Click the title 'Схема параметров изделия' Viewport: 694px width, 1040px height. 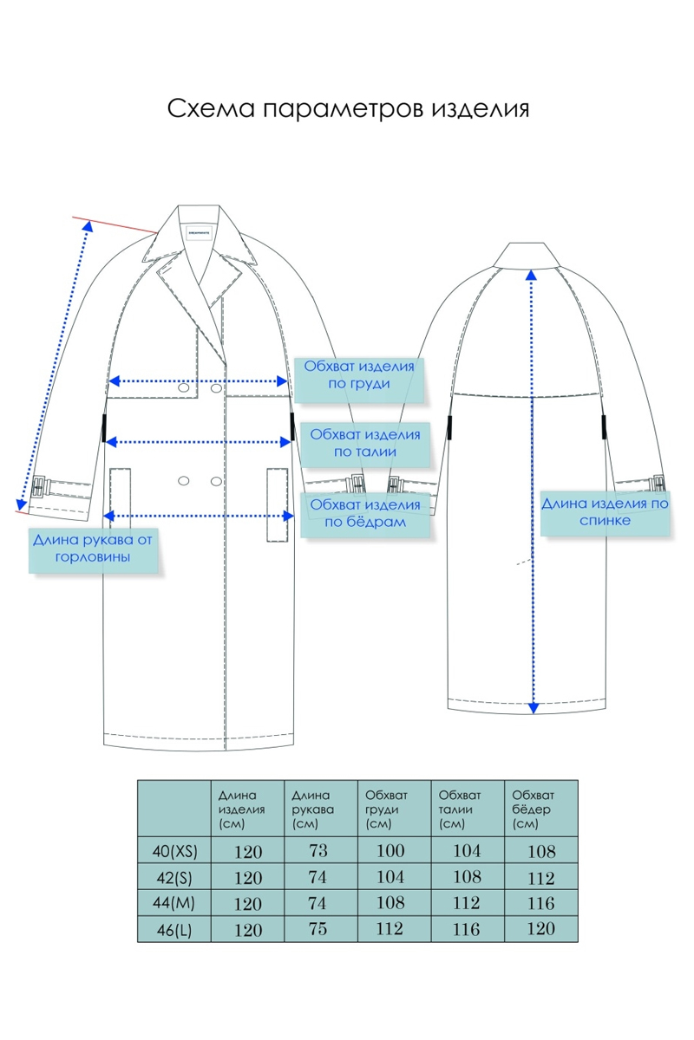click(x=347, y=110)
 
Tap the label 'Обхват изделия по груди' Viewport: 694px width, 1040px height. click(x=359, y=375)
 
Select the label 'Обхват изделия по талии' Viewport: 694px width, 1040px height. click(x=364, y=443)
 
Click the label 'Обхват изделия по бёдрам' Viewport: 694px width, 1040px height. click(x=364, y=513)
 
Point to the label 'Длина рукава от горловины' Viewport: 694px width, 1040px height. click(x=92, y=549)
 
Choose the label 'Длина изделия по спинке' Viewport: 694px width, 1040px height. click(x=606, y=511)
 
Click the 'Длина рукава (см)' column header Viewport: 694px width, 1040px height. click(x=311, y=809)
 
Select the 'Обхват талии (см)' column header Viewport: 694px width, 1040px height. click(x=456, y=809)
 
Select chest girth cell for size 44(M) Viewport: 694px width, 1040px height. click(x=391, y=903)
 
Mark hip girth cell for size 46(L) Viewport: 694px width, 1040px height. click(x=540, y=930)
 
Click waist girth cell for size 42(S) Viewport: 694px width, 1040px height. click(x=466, y=877)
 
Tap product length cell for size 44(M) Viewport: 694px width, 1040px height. click(x=247, y=904)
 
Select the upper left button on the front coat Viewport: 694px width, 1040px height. click(x=184, y=391)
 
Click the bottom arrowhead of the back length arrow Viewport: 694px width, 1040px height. click(x=533, y=707)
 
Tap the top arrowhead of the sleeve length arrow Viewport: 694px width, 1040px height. click(x=87, y=224)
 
